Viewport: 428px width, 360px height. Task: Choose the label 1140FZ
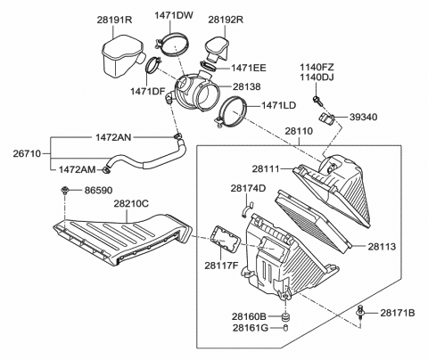[x=316, y=67]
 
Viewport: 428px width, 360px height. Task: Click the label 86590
[x=98, y=191]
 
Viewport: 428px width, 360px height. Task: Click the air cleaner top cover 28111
[x=343, y=183]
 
